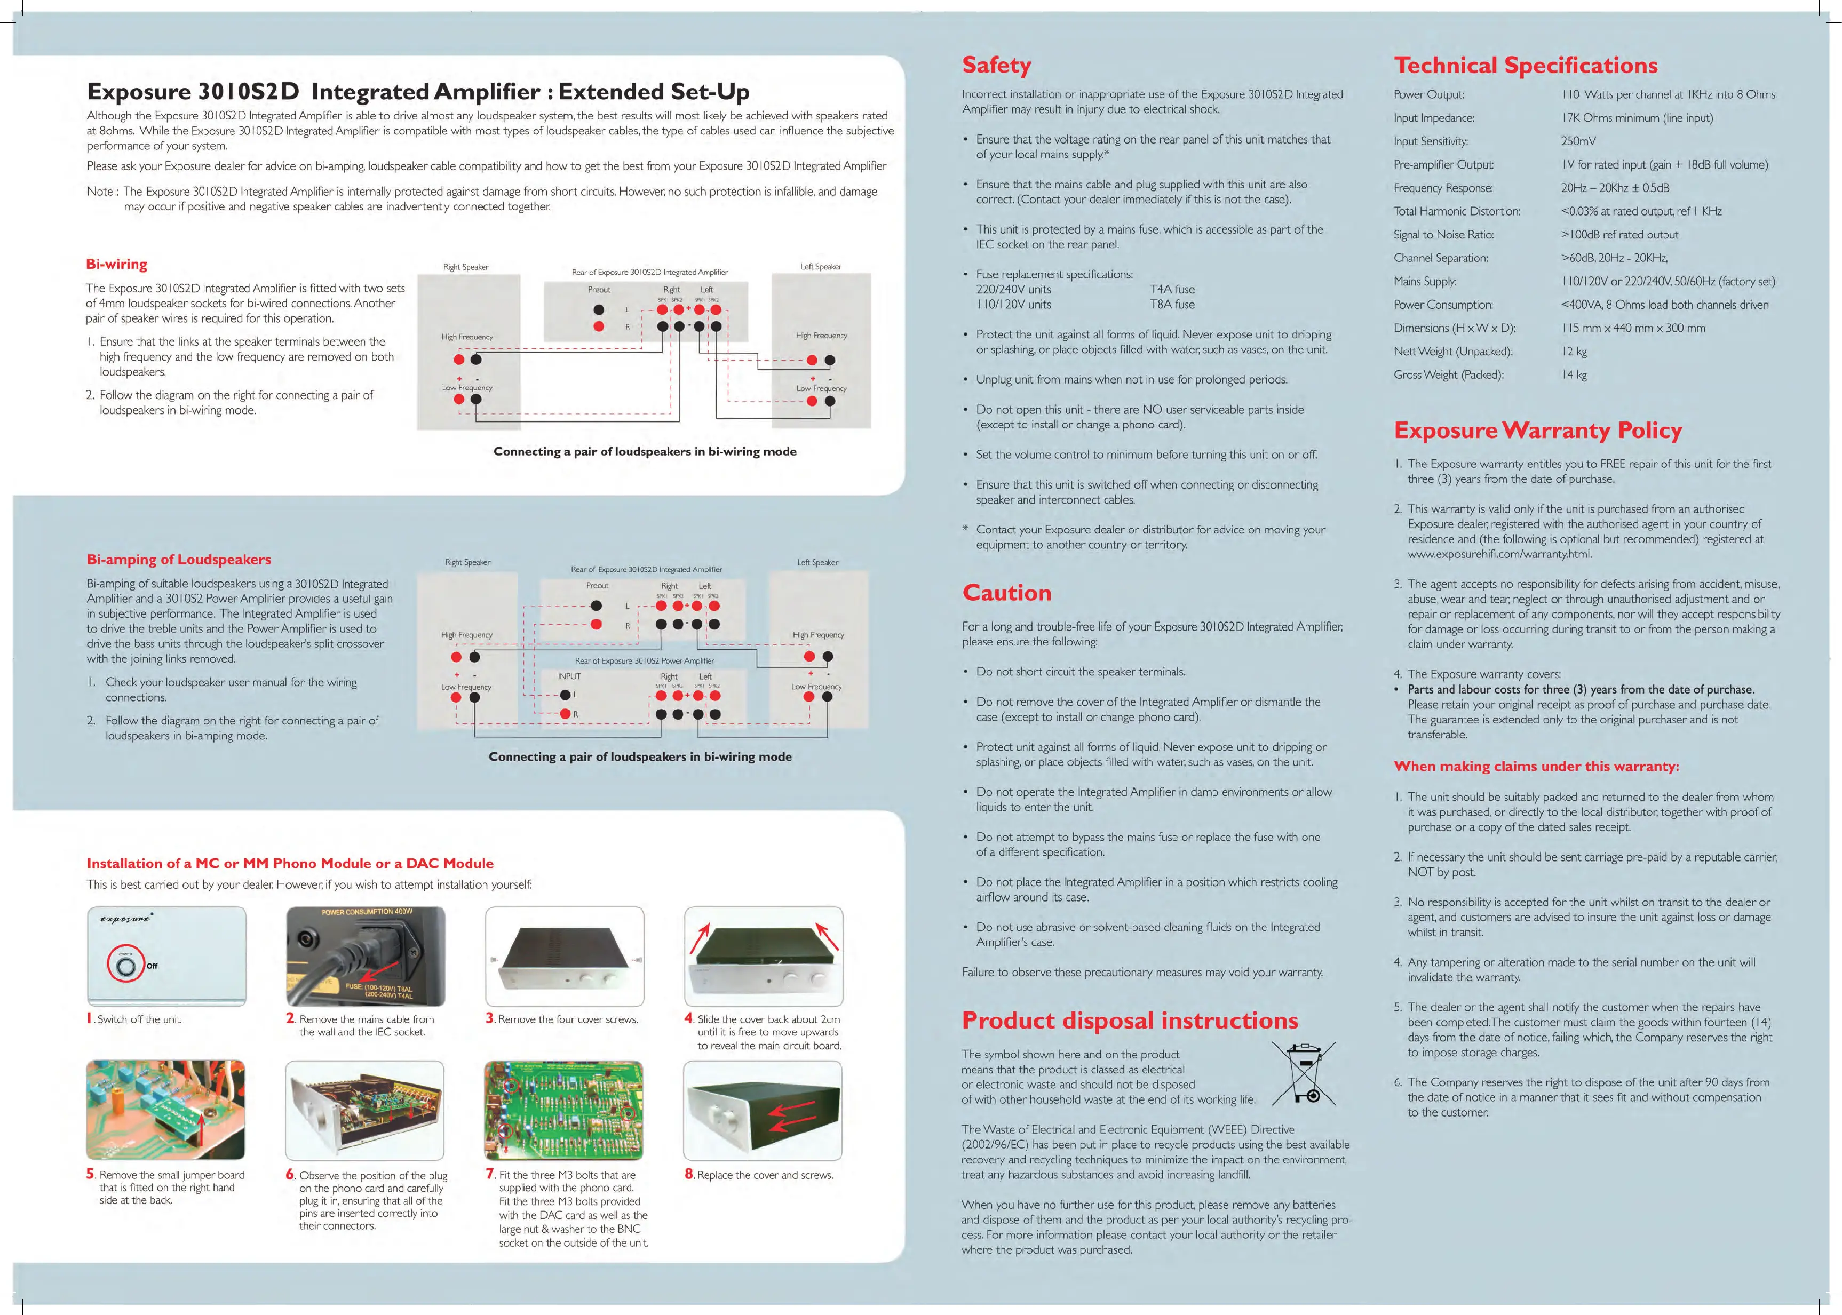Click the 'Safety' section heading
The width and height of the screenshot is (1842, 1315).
coord(996,65)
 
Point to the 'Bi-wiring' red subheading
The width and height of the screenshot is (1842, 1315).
coord(117,264)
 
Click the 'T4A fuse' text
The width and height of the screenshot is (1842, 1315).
coord(1172,289)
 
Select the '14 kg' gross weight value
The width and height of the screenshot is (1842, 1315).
coord(1574,375)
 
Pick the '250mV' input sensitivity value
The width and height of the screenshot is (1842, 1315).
coord(1578,141)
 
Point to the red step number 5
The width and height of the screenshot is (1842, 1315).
coord(91,1173)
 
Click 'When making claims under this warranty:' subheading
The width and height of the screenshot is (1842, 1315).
coord(1536,766)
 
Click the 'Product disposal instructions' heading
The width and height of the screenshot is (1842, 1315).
coord(1129,1020)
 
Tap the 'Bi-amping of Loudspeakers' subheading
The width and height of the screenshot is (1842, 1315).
coord(178,560)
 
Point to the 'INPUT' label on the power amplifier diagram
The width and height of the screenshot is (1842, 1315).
coord(569,676)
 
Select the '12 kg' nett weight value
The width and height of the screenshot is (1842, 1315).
coord(1574,352)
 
